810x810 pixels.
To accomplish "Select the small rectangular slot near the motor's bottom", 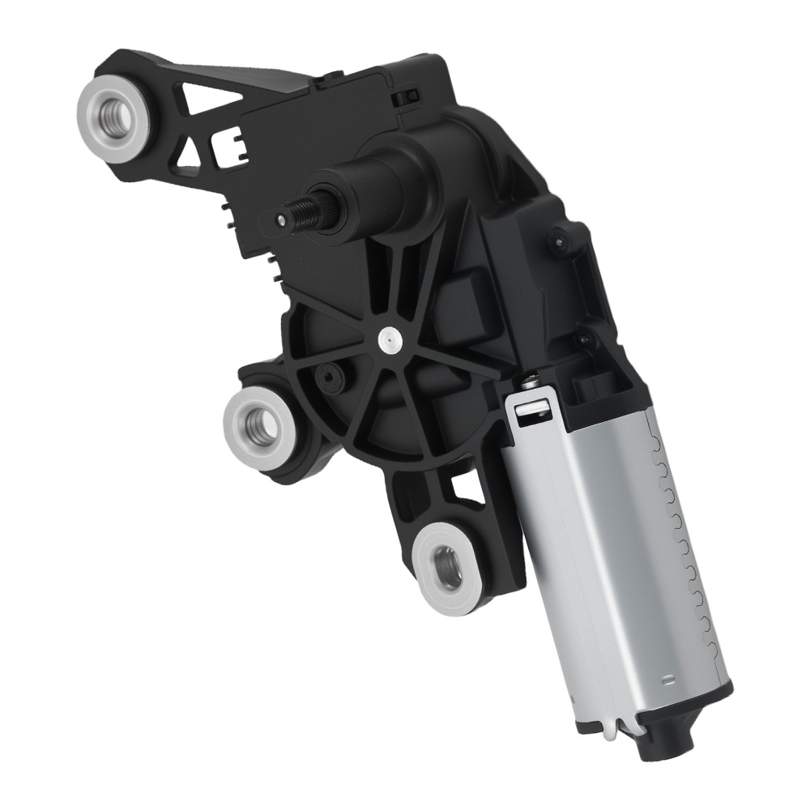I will click(x=669, y=678).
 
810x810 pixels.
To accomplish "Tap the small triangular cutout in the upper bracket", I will click(x=191, y=148).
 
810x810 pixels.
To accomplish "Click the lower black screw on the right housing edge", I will click(x=581, y=340).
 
